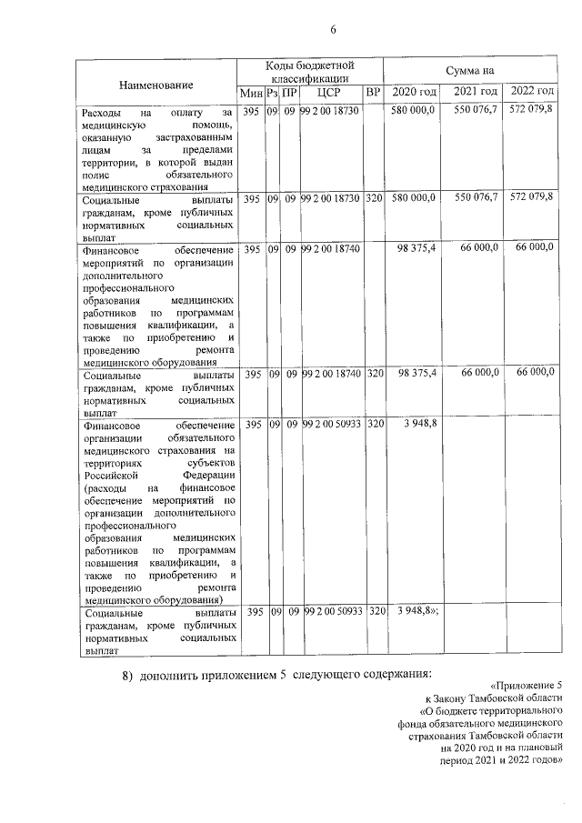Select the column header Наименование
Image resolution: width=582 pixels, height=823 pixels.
[x=156, y=85]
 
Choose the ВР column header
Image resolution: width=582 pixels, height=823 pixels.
[x=373, y=93]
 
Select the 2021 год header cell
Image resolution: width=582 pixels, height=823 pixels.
[x=475, y=93]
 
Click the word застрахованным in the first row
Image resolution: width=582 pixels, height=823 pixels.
[x=195, y=136]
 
